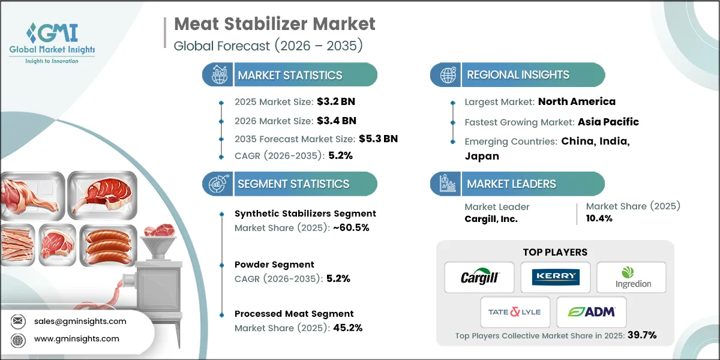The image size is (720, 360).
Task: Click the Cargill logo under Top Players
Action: pyautogui.click(x=479, y=277)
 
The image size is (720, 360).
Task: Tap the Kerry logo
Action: pyautogui.click(x=556, y=277)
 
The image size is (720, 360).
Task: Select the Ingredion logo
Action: pyautogui.click(x=632, y=277)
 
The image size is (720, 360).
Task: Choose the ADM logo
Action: pyautogui.click(x=592, y=312)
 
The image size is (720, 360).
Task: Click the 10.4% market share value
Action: pyautogui.click(x=599, y=219)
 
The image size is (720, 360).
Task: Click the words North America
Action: pyautogui.click(x=577, y=101)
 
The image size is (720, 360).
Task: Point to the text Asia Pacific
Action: pyautogui.click(x=608, y=122)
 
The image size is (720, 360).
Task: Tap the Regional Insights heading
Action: pyautogui.click(x=518, y=75)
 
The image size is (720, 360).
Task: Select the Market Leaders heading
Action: pyautogui.click(x=511, y=184)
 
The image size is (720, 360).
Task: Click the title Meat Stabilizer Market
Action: pyautogui.click(x=274, y=24)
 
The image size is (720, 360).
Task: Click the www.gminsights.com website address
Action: pyautogui.click(x=76, y=339)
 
